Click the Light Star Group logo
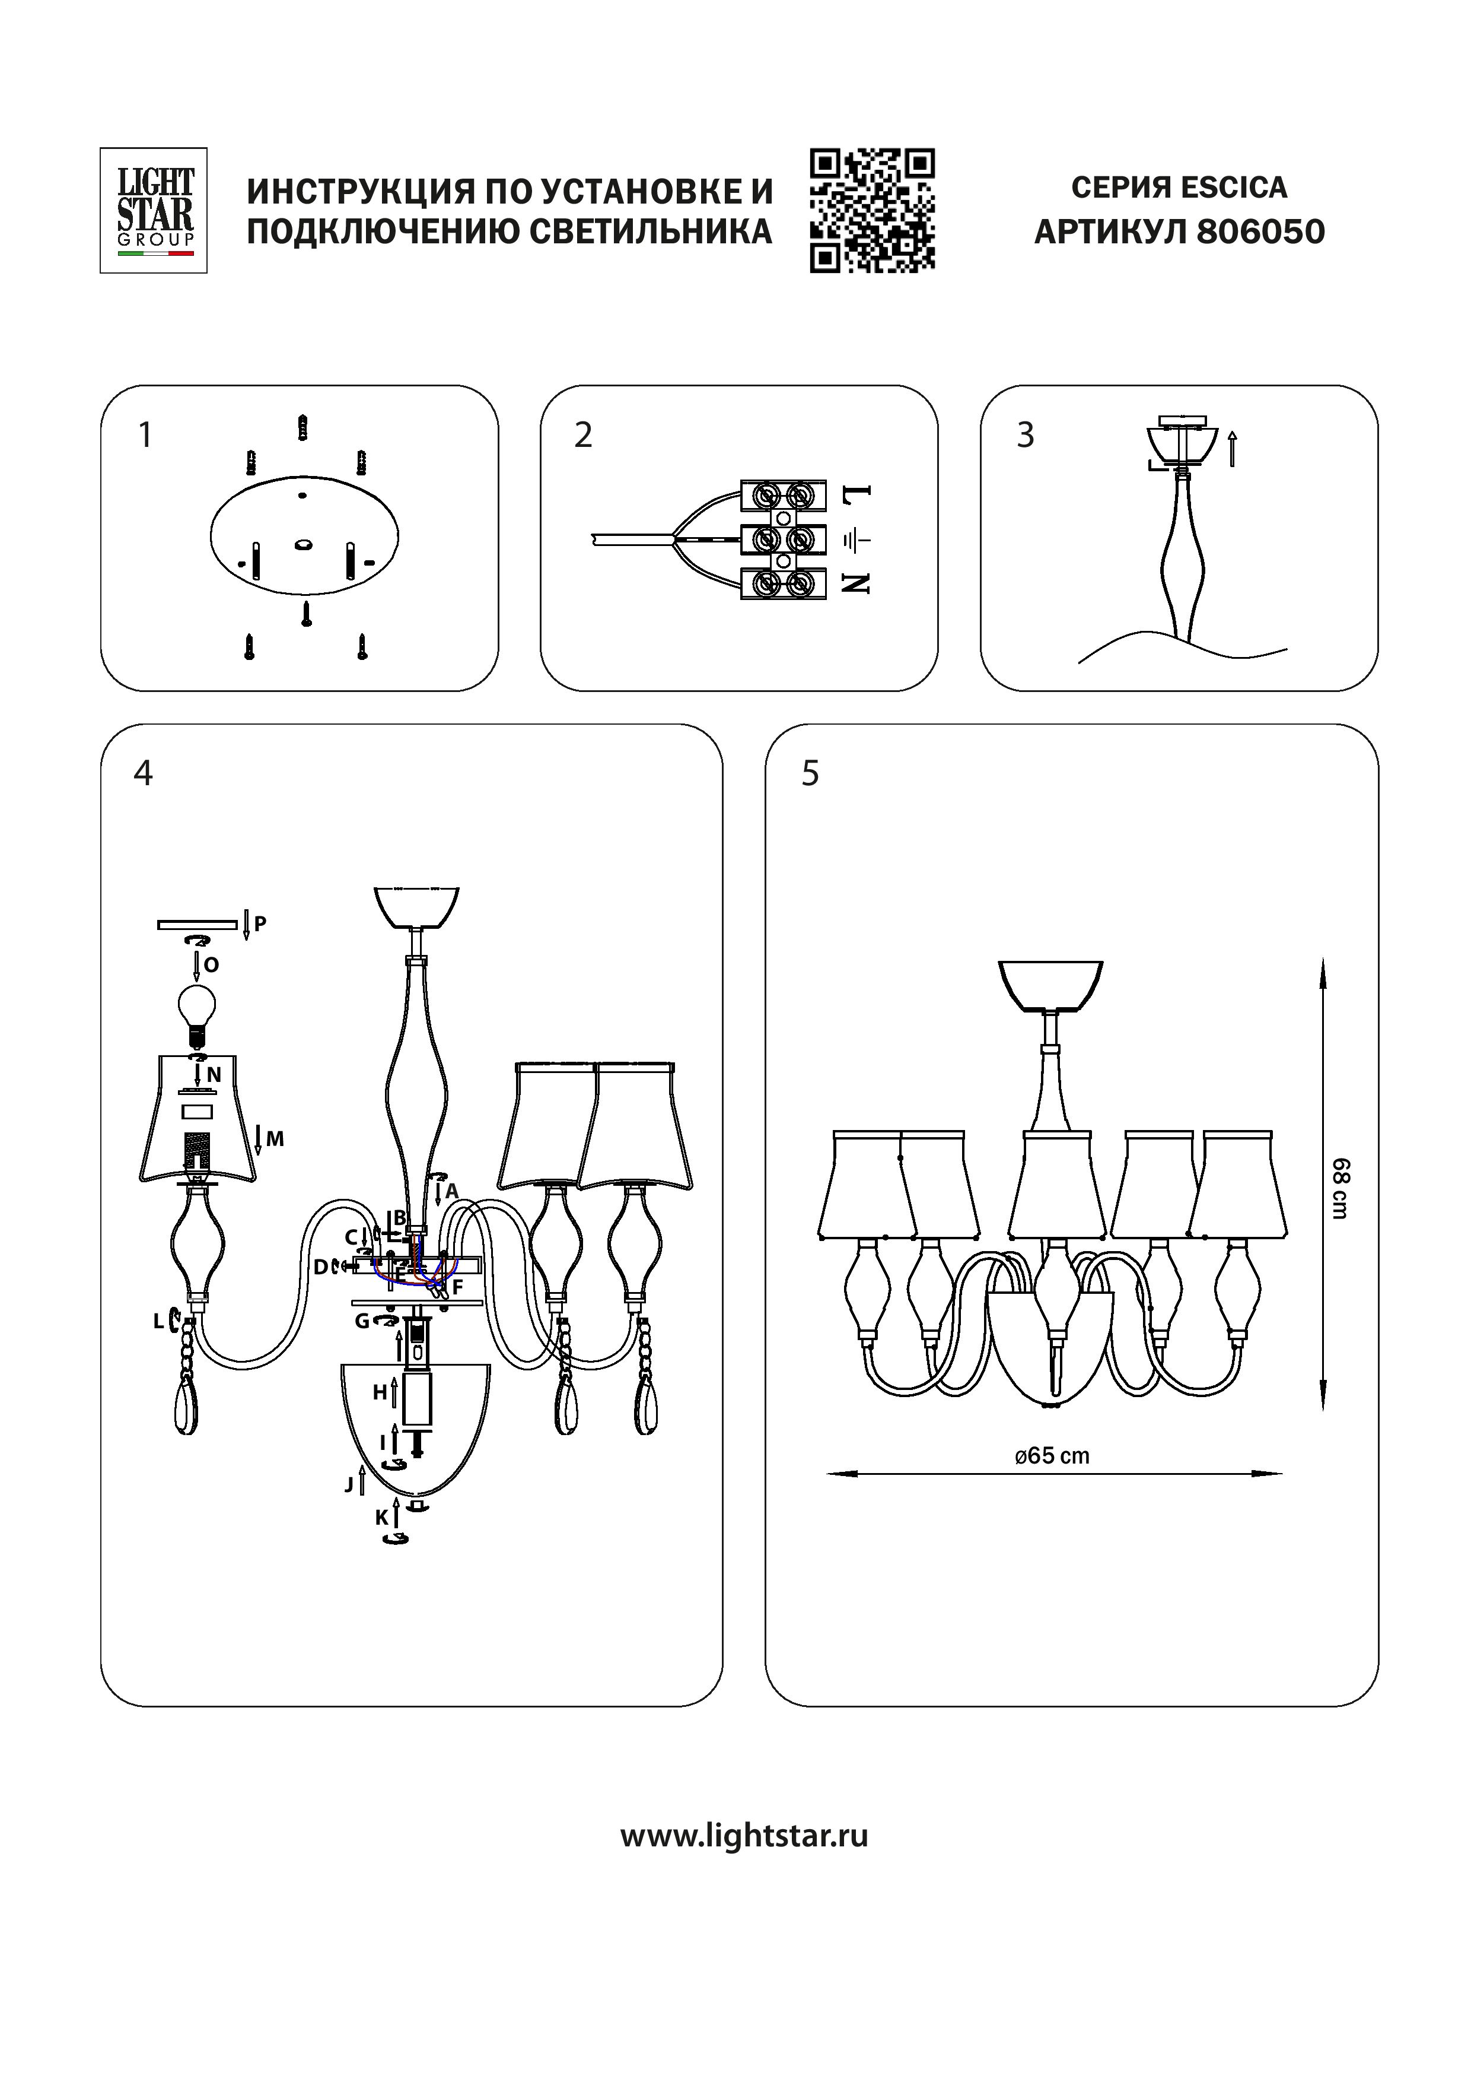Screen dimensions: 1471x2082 click(x=153, y=210)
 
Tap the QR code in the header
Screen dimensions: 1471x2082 click(x=872, y=210)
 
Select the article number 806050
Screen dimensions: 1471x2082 click(x=1260, y=232)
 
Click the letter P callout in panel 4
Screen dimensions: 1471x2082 click(x=260, y=924)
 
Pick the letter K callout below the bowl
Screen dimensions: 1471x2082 click(x=381, y=1517)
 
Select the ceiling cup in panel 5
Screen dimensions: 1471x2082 click(x=1050, y=985)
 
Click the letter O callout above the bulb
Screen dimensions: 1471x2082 click(x=211, y=965)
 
